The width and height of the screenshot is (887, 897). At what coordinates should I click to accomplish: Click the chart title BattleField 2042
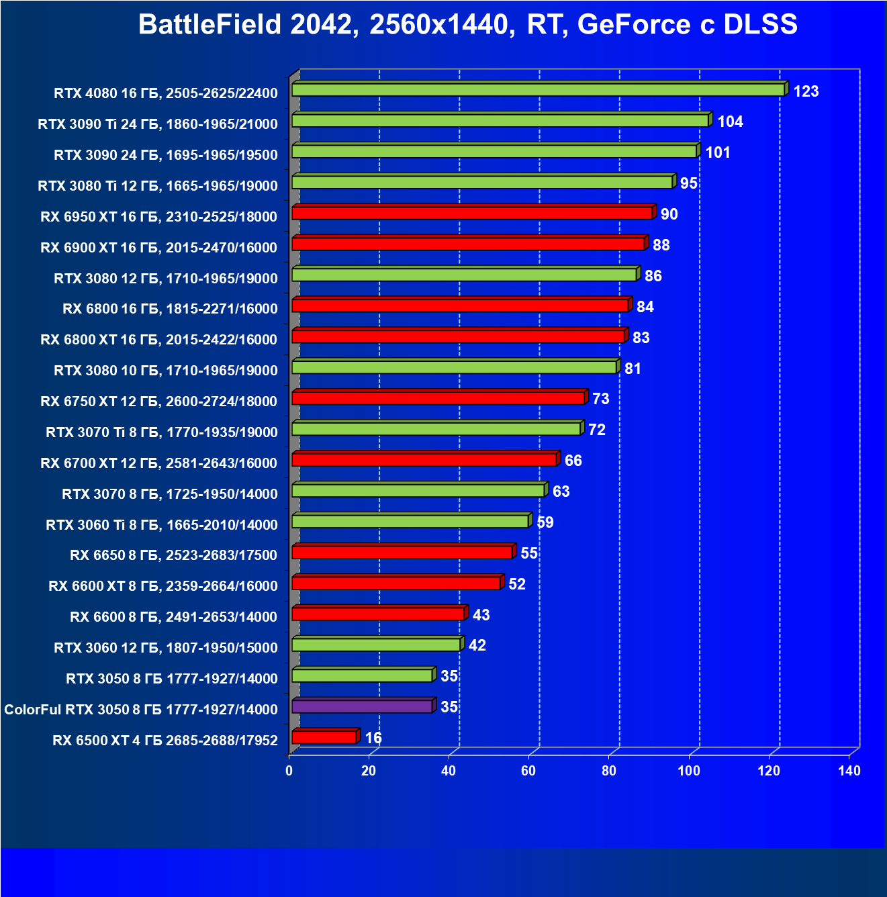pos(467,25)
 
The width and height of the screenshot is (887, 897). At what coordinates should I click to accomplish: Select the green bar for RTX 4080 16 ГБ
pos(537,90)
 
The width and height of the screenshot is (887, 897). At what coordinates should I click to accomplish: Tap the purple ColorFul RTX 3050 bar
pos(362,706)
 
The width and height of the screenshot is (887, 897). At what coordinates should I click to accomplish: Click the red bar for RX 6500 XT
pos(324,737)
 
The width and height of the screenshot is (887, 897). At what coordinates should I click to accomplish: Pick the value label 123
pos(806,91)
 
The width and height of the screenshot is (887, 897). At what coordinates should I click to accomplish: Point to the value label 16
pos(373,738)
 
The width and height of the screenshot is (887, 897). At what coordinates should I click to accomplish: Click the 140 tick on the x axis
pos(849,771)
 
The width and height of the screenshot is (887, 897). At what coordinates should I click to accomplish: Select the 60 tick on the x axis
pos(528,771)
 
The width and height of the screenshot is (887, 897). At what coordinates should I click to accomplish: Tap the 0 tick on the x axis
pos(289,771)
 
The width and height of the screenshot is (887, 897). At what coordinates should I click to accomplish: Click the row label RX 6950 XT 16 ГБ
pos(158,216)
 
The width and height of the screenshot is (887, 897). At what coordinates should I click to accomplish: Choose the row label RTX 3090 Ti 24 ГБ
pos(158,124)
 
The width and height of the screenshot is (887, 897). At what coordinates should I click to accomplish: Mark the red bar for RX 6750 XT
pos(438,398)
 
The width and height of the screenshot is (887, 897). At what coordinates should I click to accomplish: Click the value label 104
pos(730,122)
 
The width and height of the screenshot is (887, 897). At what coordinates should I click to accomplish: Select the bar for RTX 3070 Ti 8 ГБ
pos(436,429)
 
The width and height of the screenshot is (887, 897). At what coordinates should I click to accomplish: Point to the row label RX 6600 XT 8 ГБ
pos(162,586)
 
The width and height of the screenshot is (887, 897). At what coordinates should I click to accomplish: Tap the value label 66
pos(573,461)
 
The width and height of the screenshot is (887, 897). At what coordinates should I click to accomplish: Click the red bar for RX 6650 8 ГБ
pos(402,553)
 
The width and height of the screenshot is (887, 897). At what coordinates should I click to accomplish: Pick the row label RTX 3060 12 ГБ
pos(165,648)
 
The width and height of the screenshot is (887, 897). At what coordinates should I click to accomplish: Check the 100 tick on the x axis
pos(689,771)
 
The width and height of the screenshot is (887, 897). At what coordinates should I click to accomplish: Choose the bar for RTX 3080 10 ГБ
pos(454,367)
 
